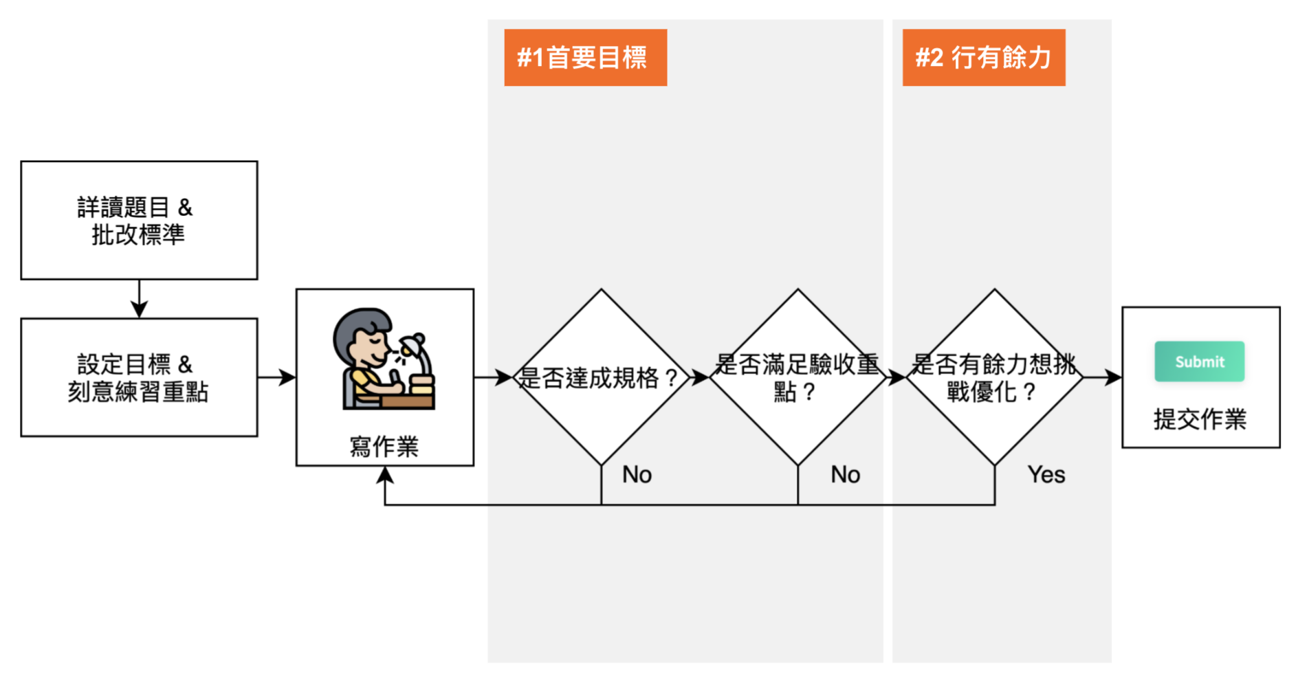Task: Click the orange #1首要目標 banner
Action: (585, 58)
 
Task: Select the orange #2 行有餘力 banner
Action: (983, 58)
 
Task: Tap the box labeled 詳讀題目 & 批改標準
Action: (139, 221)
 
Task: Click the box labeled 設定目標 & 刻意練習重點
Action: (139, 377)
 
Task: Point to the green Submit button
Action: (1199, 361)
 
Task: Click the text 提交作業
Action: (1200, 419)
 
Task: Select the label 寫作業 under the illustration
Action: (384, 447)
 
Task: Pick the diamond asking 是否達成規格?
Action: (601, 377)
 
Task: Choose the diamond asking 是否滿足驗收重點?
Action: (797, 377)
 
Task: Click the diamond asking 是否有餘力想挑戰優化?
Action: (994, 377)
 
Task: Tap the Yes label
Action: (1046, 475)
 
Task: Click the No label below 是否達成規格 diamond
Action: (637, 475)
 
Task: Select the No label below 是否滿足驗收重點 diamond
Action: (845, 475)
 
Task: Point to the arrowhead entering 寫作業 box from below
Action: (385, 474)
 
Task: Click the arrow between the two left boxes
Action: (139, 300)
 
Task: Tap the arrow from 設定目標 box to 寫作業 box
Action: (277, 377)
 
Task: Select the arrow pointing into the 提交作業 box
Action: (1103, 377)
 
